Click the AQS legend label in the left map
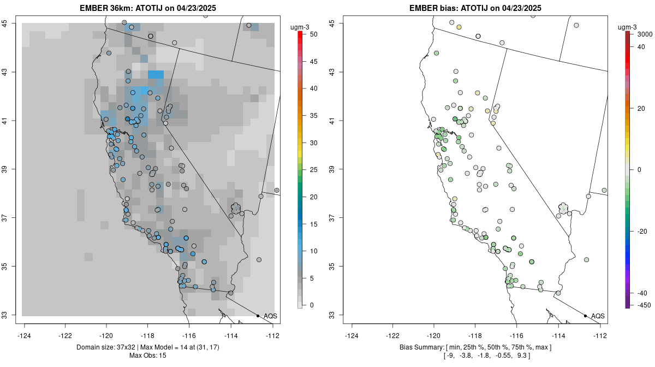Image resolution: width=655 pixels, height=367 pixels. tap(270, 316)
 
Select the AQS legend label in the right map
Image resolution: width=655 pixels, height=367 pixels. tap(598, 316)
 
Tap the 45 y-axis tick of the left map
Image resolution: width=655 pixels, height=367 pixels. tap(11, 23)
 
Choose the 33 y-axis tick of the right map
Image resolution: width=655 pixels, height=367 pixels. tap(338, 315)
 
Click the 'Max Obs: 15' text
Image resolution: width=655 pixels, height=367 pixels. tap(148, 356)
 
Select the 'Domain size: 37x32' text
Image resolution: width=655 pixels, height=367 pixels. tap(104, 347)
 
